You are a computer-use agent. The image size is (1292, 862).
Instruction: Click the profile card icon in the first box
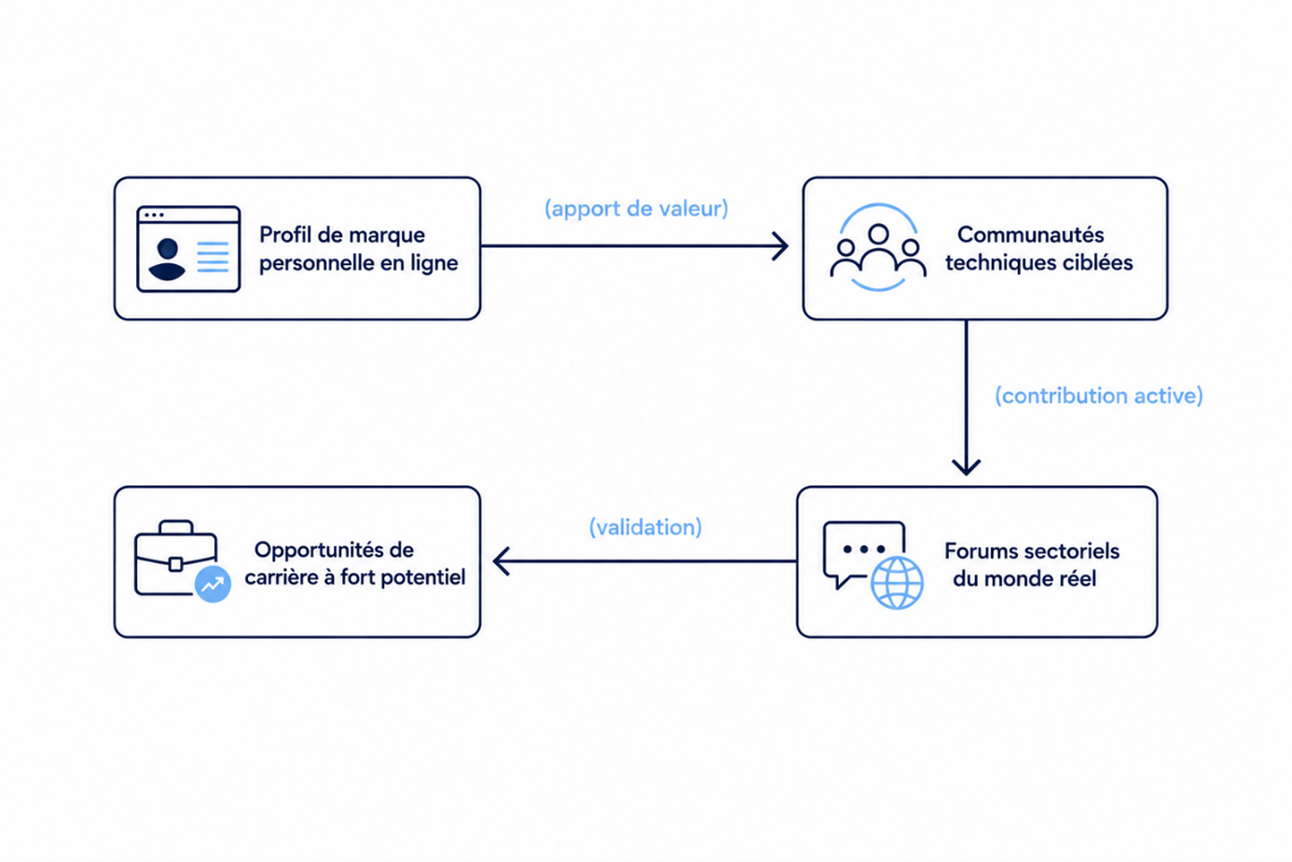[188, 249]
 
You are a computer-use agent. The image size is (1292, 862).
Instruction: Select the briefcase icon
[176, 557]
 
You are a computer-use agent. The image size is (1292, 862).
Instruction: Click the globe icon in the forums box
[897, 582]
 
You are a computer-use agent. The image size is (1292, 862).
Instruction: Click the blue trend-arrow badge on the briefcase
[213, 584]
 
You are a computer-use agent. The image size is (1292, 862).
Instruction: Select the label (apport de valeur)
[636, 208]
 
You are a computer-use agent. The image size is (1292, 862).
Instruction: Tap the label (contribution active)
[1099, 396]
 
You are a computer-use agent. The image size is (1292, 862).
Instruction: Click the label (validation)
[645, 527]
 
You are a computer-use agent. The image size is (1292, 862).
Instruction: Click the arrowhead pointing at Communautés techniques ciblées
[781, 246]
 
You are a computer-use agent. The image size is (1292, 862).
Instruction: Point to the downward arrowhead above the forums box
[966, 466]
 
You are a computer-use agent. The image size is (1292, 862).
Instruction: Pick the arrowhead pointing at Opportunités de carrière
[502, 562]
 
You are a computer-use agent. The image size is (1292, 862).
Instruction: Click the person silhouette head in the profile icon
[168, 249]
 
